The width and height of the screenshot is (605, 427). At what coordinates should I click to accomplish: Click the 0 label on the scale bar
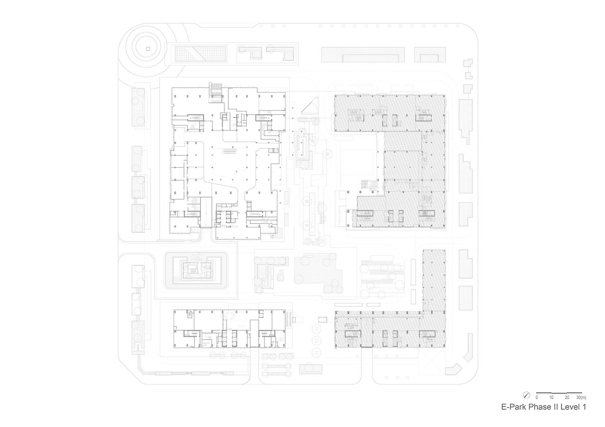coord(537,397)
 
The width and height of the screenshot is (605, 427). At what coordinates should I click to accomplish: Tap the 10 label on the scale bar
coord(551,397)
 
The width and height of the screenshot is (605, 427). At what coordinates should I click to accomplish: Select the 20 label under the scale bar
coord(567,397)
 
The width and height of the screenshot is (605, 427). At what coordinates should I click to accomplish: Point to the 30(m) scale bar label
coord(581,397)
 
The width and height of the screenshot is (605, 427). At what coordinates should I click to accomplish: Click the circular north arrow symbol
coord(527,395)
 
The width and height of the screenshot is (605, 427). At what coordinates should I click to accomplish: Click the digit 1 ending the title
coord(584,407)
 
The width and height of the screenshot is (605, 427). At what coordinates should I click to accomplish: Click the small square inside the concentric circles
coord(148,49)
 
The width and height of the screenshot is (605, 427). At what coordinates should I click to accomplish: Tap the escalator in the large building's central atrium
coord(230,151)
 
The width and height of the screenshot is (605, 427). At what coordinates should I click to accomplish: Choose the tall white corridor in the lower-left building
coord(254,333)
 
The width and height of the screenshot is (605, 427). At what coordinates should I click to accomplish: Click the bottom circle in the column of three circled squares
coord(317,352)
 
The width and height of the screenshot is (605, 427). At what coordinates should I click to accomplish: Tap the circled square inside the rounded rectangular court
coord(177,280)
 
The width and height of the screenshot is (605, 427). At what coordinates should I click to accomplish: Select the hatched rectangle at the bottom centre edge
coord(311,369)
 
